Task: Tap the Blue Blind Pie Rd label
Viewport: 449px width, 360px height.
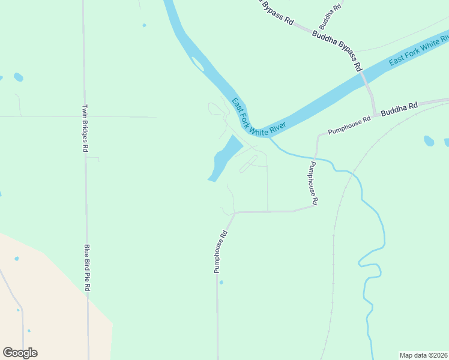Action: point(86,268)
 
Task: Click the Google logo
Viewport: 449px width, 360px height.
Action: point(20,353)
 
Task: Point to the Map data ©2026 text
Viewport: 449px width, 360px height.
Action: point(423,355)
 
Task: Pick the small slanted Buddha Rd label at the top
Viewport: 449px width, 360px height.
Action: point(330,16)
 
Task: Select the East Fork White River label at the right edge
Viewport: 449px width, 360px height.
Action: point(418,53)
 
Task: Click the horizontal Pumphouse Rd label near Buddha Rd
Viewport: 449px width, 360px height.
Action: point(349,125)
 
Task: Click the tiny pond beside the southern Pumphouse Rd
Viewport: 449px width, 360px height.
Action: point(221,282)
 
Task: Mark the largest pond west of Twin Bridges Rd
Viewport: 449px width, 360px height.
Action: point(19,77)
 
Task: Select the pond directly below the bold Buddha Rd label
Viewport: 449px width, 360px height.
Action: point(429,141)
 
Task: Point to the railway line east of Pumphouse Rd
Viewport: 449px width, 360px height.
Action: point(334,240)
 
